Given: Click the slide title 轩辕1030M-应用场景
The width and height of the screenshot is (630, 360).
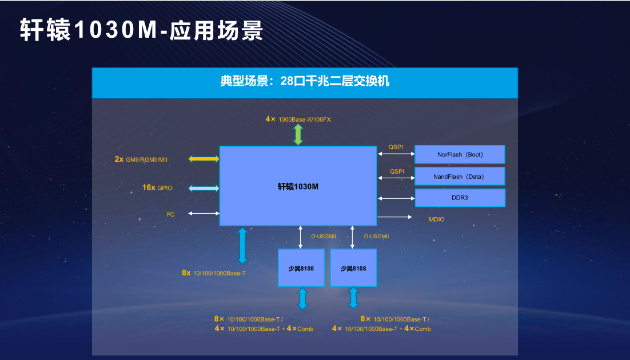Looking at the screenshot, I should pos(141,30).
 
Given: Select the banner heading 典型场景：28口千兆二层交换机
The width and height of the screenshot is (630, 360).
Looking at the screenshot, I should pos(305,81).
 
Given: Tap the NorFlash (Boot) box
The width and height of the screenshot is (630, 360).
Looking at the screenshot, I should pos(460,154).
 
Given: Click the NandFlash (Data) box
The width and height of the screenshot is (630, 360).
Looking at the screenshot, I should pos(460,176).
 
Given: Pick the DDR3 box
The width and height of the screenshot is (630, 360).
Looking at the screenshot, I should pos(460,198).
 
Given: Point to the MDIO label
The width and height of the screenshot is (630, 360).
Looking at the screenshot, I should pos(436,219).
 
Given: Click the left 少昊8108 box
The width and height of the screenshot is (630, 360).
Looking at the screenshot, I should pos(301,268).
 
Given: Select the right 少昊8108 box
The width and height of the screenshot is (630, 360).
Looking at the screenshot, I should pos(353,268).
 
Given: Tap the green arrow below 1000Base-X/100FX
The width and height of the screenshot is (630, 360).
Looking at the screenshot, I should pos(298,134).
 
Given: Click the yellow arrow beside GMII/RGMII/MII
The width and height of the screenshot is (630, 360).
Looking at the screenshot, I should pos(204,159).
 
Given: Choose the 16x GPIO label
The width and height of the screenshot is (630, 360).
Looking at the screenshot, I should pos(157,187).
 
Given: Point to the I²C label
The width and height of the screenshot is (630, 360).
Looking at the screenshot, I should pos(170,214).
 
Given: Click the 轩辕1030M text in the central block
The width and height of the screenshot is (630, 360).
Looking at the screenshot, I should pos(298,186).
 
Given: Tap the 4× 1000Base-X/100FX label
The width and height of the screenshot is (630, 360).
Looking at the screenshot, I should pos(298,119).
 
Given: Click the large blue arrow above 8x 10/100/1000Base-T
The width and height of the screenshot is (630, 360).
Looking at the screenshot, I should pos(242,246).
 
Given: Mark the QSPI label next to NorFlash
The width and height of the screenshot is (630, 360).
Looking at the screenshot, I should pos(396,147).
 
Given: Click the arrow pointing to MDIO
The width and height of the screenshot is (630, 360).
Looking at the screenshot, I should pos(394,217).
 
